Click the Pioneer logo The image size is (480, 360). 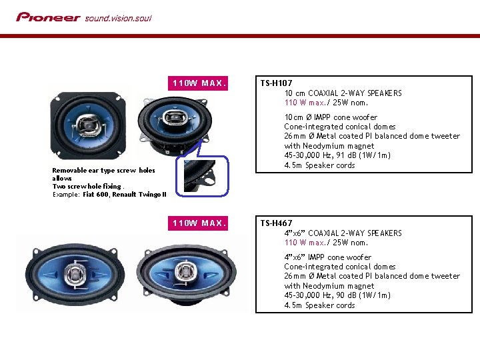pyautogui.click(x=49, y=17)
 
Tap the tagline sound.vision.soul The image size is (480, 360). pyautogui.click(x=118, y=19)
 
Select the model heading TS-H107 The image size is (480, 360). pyautogui.click(x=277, y=83)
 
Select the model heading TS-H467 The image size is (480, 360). pyautogui.click(x=277, y=223)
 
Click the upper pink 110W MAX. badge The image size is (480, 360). pyautogui.click(x=198, y=83)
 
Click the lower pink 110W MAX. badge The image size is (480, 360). pyautogui.click(x=198, y=223)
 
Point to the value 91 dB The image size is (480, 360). pyautogui.click(x=346, y=155)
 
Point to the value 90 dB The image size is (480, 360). pyautogui.click(x=346, y=295)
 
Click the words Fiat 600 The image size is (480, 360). pyautogui.click(x=95, y=195)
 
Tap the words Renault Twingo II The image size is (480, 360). pyautogui.click(x=139, y=195)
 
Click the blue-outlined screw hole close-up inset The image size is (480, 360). pyautogui.click(x=202, y=176)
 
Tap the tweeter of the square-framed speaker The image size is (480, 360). pyautogui.click(x=88, y=125)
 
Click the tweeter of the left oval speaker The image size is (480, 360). pyautogui.click(x=75, y=273)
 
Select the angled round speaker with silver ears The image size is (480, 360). pyautogui.click(x=175, y=125)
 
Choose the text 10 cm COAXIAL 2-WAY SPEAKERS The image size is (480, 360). pyautogui.click(x=343, y=93)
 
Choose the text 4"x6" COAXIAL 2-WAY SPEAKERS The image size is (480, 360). pyautogui.click(x=343, y=233)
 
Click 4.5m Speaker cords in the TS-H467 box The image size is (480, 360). pyautogui.click(x=319, y=305)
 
